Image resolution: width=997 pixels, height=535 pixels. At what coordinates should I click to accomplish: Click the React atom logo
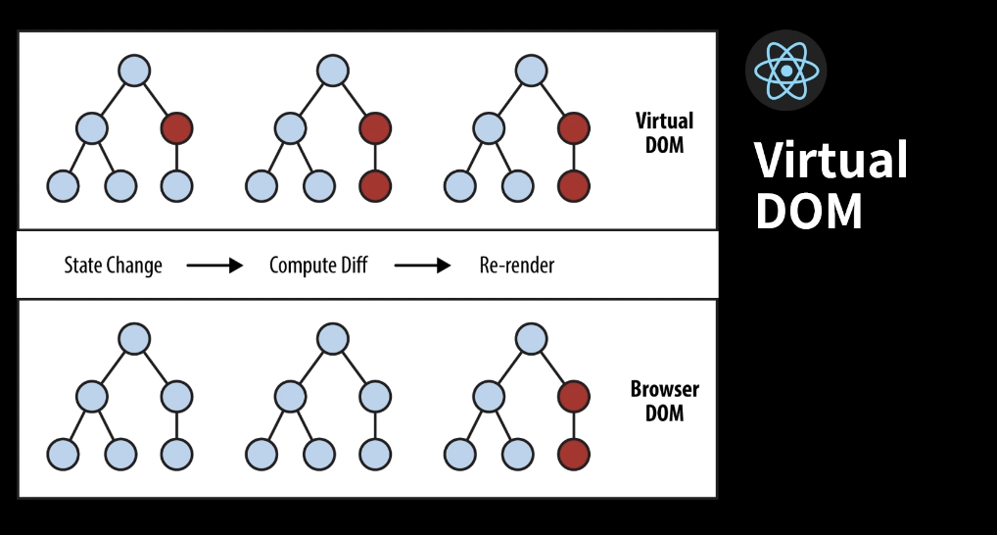(x=785, y=71)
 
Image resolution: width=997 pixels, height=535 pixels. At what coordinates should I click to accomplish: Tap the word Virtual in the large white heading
(x=831, y=160)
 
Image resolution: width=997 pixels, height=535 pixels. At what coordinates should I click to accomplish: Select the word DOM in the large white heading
(x=808, y=210)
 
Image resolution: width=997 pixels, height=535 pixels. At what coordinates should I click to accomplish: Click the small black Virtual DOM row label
(x=664, y=133)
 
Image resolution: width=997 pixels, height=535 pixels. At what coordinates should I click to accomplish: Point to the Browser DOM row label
(x=664, y=401)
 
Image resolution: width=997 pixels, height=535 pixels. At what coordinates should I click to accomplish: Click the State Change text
(x=113, y=266)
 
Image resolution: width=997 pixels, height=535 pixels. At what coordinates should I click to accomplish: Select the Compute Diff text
(x=318, y=266)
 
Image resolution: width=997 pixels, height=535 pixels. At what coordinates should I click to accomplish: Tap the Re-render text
(x=517, y=266)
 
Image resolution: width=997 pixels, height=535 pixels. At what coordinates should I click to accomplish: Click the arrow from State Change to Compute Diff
(x=214, y=266)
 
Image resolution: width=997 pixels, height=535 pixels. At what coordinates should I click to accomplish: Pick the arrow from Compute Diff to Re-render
(x=422, y=266)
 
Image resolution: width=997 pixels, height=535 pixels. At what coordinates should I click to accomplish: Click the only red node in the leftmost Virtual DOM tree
(x=177, y=127)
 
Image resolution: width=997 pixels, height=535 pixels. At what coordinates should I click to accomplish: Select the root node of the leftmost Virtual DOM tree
(x=134, y=71)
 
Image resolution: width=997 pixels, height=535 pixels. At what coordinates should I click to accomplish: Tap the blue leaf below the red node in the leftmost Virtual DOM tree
(x=177, y=184)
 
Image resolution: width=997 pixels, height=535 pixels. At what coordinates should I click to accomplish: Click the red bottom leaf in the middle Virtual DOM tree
(x=375, y=184)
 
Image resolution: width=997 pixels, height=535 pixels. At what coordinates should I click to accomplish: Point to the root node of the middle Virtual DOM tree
(x=333, y=71)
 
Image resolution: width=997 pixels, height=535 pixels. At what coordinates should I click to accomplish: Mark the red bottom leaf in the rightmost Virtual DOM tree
(x=574, y=184)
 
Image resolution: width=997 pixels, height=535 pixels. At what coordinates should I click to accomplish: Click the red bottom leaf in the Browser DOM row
(x=574, y=454)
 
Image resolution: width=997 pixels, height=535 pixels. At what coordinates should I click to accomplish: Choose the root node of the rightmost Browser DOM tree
(x=531, y=339)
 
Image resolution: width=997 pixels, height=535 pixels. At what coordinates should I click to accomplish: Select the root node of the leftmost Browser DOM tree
(x=134, y=339)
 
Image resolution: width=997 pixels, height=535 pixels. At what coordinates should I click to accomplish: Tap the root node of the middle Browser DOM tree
(x=333, y=339)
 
